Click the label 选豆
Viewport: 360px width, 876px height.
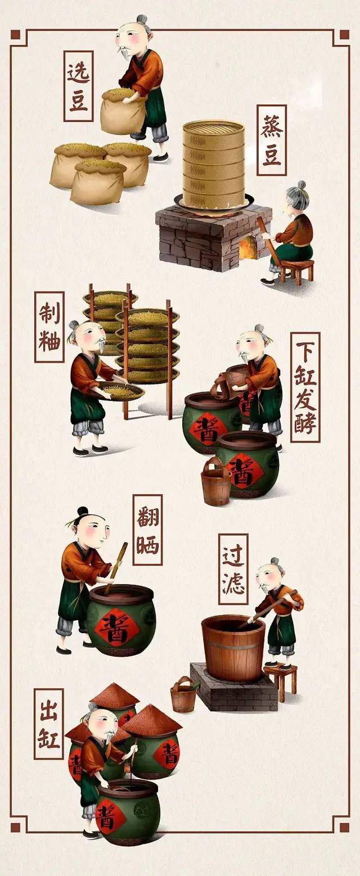point(78,86)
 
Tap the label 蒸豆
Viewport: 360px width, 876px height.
point(272,139)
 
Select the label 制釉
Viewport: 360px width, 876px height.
point(49,327)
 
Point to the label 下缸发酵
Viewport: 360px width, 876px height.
point(305,387)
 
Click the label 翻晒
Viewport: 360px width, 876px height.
point(147,530)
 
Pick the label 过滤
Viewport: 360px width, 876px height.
point(233,569)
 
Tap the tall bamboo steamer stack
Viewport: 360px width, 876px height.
point(214,164)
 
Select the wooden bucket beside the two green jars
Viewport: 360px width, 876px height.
point(215,481)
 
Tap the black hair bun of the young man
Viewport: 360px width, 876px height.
point(83,511)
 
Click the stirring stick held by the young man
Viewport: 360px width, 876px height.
point(116,567)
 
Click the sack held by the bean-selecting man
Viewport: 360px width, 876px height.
point(123,111)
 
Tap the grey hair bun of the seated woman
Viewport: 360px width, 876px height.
point(301,185)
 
